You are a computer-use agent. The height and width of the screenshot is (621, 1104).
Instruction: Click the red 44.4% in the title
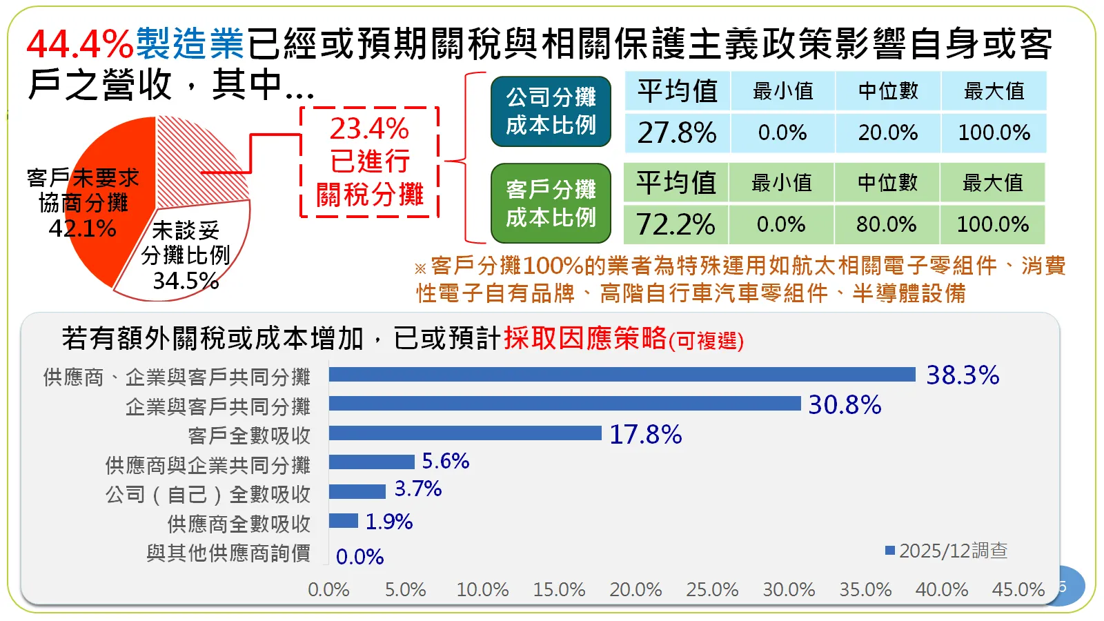point(80,44)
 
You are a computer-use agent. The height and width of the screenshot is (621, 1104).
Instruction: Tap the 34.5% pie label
point(186,281)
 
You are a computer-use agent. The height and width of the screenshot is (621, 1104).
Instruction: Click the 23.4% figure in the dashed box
point(369,129)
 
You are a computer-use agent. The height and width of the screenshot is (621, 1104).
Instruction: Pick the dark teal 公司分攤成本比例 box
point(551,112)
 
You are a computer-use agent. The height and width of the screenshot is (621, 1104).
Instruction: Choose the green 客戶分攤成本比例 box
point(551,204)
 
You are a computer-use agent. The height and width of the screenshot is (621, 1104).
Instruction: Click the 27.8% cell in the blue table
point(677,132)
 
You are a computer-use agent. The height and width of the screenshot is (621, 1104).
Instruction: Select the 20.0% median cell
point(888,132)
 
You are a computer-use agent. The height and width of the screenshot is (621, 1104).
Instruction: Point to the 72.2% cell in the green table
point(676,224)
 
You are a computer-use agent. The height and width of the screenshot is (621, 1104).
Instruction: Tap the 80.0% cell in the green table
point(887,224)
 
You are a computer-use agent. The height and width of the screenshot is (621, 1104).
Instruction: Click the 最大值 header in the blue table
point(994,91)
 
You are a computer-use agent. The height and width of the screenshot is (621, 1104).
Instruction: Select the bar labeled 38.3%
point(622,375)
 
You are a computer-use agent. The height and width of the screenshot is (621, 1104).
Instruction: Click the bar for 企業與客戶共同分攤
point(564,404)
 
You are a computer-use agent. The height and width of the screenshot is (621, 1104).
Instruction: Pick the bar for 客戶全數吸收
point(465,433)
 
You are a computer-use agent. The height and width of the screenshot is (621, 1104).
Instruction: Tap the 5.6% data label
point(446,461)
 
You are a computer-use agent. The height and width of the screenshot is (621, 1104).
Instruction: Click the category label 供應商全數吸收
point(239,524)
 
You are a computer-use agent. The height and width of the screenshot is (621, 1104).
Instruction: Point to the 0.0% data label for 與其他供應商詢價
point(359,557)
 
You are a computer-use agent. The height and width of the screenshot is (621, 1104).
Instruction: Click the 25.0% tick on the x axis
point(712,590)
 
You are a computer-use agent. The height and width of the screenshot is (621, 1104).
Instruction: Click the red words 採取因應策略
point(585,338)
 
